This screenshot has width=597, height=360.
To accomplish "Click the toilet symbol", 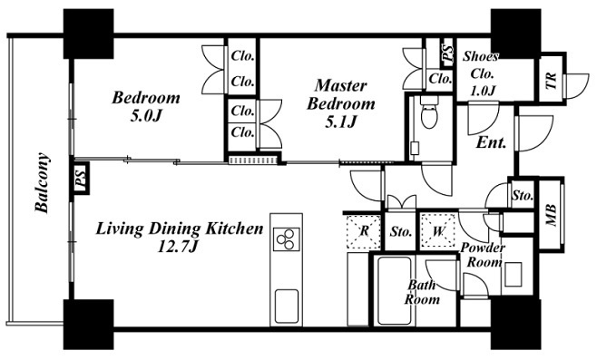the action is pos(430,112).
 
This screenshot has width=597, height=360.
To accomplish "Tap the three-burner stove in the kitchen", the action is pos(287,239).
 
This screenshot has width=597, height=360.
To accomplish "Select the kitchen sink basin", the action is pos(287,306).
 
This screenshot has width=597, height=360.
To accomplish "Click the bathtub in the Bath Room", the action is pos(394,291).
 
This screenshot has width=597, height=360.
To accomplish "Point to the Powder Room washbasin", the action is pos(513,275).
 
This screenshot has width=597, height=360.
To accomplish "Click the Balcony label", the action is pos(42,182).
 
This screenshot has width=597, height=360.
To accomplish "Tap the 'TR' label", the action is pos(551,81).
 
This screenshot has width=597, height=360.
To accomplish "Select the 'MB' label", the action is pos(551,216).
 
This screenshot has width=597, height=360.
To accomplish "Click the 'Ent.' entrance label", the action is pos(492,142).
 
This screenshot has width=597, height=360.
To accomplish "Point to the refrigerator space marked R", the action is pos(364,231).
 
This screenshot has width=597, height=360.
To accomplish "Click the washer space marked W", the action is pos(438,231).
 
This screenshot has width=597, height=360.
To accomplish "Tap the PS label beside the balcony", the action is pos(80,179).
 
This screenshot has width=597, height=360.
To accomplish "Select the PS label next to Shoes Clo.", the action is pos(447,53).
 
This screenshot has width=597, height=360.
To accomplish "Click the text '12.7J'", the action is pos(178,248).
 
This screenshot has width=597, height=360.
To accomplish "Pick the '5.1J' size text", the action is pos(341,122).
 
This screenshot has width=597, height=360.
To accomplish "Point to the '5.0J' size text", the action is pos(147,116).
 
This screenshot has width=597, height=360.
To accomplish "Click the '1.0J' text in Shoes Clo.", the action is pos(483,91).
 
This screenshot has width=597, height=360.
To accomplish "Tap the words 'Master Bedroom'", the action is pos(341,94).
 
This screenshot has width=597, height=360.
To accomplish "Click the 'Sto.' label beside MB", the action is pos(523,196).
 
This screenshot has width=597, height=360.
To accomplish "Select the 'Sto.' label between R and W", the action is pos(401,231).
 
